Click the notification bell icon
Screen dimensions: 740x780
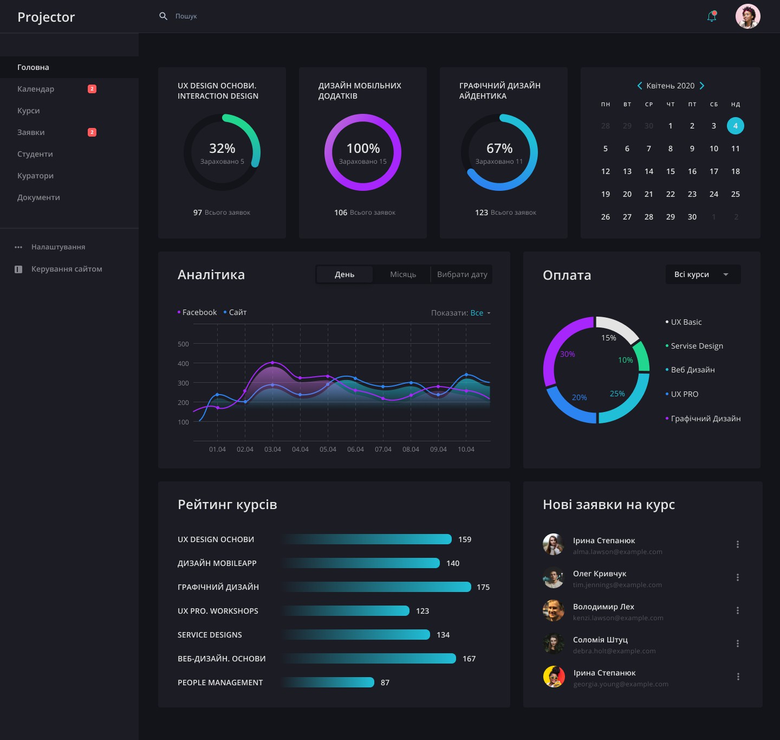pos(712,17)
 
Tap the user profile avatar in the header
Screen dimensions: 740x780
pos(747,16)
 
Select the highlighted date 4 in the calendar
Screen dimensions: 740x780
pos(735,126)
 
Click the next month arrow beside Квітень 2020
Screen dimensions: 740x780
pos(702,86)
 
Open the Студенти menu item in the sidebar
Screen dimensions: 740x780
pos(35,154)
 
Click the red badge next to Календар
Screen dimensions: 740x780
pos(92,89)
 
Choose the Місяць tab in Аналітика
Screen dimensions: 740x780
pos(403,274)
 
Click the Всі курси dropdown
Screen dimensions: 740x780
pos(703,274)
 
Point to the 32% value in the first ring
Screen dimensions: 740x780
pos(222,149)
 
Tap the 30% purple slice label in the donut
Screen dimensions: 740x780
pos(567,354)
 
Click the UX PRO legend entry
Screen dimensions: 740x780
pos(684,394)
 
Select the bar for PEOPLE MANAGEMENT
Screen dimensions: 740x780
pos(328,683)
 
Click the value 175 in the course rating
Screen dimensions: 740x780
pos(483,587)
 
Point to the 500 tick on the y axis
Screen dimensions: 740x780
pos(183,344)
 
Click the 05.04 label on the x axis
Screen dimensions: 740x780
pos(328,449)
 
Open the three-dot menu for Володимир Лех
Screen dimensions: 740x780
pos(737,610)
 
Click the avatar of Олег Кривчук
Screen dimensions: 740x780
pos(554,578)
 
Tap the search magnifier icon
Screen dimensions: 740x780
pos(163,16)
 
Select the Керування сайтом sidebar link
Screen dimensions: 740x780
pos(67,269)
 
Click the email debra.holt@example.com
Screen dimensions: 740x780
pos(614,651)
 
